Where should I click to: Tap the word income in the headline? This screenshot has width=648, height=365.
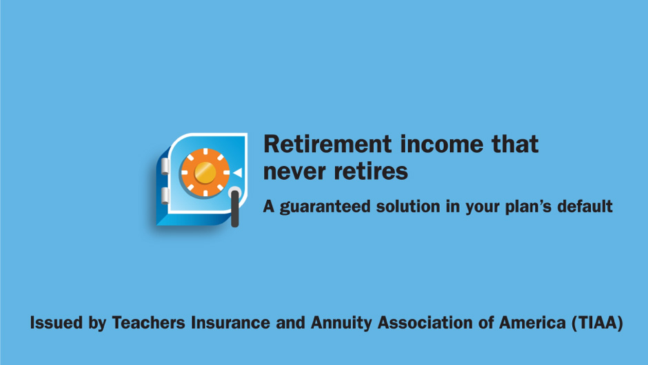click(441, 144)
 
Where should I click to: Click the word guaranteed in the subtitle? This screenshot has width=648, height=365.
click(325, 207)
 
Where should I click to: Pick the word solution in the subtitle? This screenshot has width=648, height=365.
click(408, 206)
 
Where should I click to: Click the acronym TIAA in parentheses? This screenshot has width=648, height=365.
click(597, 322)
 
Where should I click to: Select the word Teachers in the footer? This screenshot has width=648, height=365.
click(149, 322)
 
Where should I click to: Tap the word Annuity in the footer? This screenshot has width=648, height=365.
click(341, 323)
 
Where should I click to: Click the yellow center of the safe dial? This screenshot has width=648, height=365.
click(205, 172)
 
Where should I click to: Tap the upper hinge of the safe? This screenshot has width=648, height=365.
click(165, 166)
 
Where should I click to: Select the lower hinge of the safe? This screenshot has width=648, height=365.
click(165, 196)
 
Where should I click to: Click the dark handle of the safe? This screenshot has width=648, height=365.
click(235, 208)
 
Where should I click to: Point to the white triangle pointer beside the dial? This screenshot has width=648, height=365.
click(237, 173)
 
